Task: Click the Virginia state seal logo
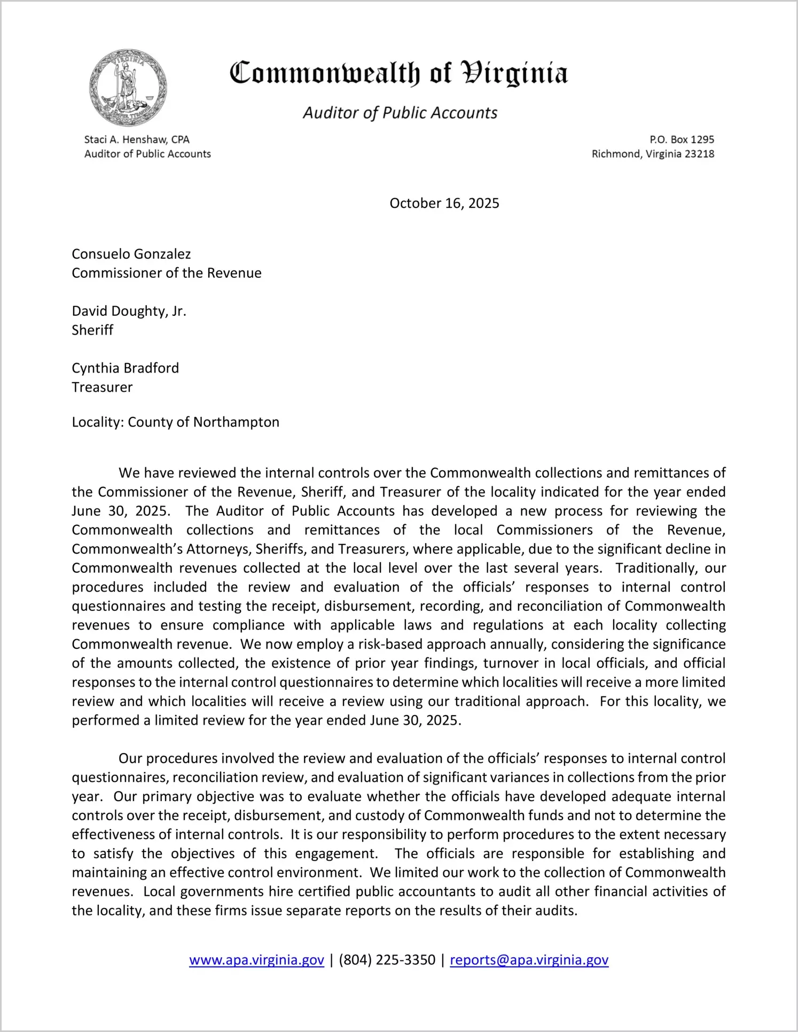[x=128, y=88]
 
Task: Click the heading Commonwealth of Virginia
[x=398, y=74]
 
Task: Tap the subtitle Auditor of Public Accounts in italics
[x=400, y=113]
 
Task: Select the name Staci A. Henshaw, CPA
[x=137, y=139]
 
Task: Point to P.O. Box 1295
[x=682, y=139]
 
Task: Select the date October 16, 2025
[x=444, y=203]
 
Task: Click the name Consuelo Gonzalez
[x=131, y=254]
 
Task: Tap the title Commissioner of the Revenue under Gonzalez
[x=167, y=273]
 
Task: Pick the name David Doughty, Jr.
[x=129, y=311]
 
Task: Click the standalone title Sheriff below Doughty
[x=92, y=330]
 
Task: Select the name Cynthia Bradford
[x=125, y=368]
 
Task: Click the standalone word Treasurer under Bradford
[x=102, y=387]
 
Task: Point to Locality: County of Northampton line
[x=175, y=422]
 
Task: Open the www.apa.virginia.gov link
[x=256, y=960]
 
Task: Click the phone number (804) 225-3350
[x=387, y=960]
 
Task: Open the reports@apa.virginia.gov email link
[x=529, y=960]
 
